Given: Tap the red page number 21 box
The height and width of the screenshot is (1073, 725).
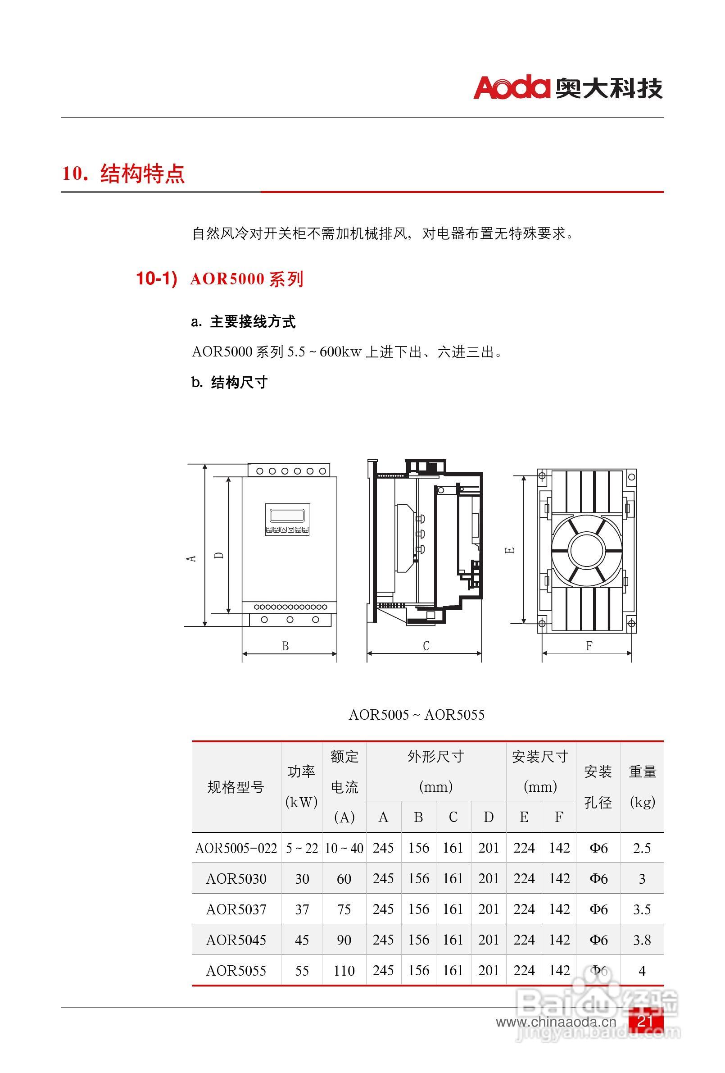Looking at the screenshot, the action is [x=645, y=1020].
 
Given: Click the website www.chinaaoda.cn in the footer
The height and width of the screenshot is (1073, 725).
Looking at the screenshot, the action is [x=556, y=1022].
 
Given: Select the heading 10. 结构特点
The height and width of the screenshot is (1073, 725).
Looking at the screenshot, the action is [x=123, y=174].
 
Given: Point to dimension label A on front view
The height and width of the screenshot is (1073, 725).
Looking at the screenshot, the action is [x=191, y=558].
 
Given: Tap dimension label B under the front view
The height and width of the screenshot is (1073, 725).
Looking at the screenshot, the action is [x=285, y=646].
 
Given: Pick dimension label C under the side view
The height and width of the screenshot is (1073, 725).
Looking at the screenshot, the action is [x=426, y=646].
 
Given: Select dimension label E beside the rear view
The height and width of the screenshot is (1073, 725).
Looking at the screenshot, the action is [x=510, y=550].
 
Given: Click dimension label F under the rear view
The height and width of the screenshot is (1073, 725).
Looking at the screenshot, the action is [x=589, y=646].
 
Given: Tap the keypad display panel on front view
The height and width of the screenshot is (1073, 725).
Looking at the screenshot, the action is [x=287, y=520].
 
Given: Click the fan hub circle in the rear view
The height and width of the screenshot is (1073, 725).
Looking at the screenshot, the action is [x=587, y=550].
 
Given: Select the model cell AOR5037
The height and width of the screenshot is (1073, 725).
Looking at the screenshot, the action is [x=236, y=909].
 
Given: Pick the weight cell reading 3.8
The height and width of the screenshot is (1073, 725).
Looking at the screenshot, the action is [x=642, y=940].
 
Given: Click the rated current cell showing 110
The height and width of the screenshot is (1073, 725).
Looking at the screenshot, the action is [x=344, y=970].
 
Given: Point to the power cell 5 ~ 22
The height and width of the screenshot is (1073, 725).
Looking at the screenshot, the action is [x=302, y=848].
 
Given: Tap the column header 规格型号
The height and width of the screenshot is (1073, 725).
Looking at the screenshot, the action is [x=236, y=787].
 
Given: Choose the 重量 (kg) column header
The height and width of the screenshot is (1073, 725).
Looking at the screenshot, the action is [x=642, y=786].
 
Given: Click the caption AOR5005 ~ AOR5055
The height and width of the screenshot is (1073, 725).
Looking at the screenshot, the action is [x=416, y=715].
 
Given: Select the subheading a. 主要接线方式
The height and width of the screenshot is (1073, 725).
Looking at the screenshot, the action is [x=243, y=322].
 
